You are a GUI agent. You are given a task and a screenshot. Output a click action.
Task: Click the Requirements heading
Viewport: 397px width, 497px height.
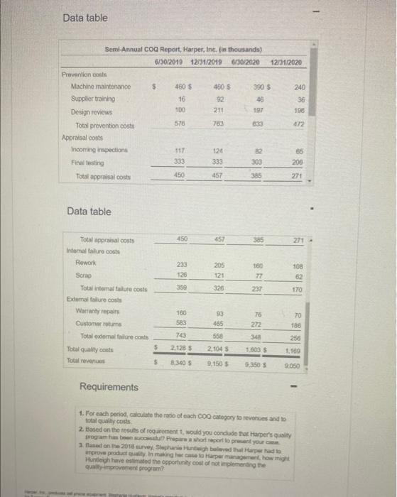coord(109,386)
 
